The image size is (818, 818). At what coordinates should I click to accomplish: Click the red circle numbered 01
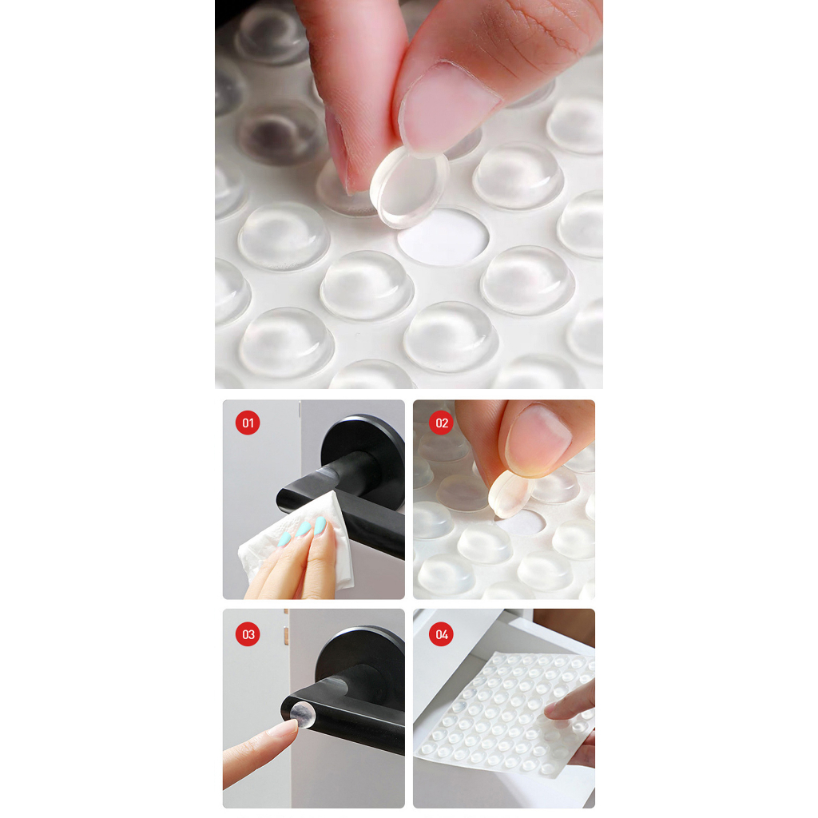(x=248, y=423)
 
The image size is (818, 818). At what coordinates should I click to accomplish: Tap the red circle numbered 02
(x=441, y=423)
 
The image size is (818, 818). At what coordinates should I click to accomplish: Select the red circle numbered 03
(x=248, y=634)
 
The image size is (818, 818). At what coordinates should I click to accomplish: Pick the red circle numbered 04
(x=441, y=634)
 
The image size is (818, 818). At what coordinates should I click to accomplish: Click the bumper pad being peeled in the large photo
(x=408, y=188)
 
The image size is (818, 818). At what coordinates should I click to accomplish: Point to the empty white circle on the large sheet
(x=443, y=237)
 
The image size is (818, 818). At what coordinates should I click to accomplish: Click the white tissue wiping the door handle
(x=297, y=542)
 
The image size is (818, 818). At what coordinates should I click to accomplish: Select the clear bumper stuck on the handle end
(x=303, y=715)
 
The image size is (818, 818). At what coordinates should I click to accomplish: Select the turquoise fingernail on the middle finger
(x=303, y=529)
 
